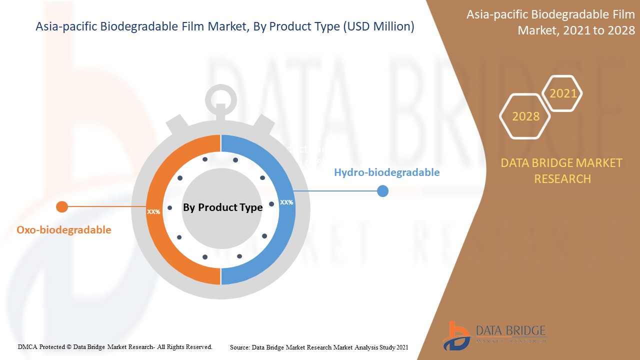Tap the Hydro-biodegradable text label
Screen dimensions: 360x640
386,172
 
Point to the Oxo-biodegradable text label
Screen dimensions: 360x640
64,230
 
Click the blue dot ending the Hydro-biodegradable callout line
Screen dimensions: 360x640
382,191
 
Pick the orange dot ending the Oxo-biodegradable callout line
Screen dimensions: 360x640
62,206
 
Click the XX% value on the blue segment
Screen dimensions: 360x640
286,202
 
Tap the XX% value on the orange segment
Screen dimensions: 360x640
153,211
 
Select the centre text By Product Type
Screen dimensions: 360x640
222,207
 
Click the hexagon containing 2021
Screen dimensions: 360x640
563,93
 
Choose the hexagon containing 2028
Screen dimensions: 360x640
525,116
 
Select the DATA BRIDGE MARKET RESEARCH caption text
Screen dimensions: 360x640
561,170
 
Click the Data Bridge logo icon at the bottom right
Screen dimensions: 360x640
455,334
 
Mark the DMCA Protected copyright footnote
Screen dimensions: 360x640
115,346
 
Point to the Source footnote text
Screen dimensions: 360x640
319,347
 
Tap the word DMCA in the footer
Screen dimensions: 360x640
26,346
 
